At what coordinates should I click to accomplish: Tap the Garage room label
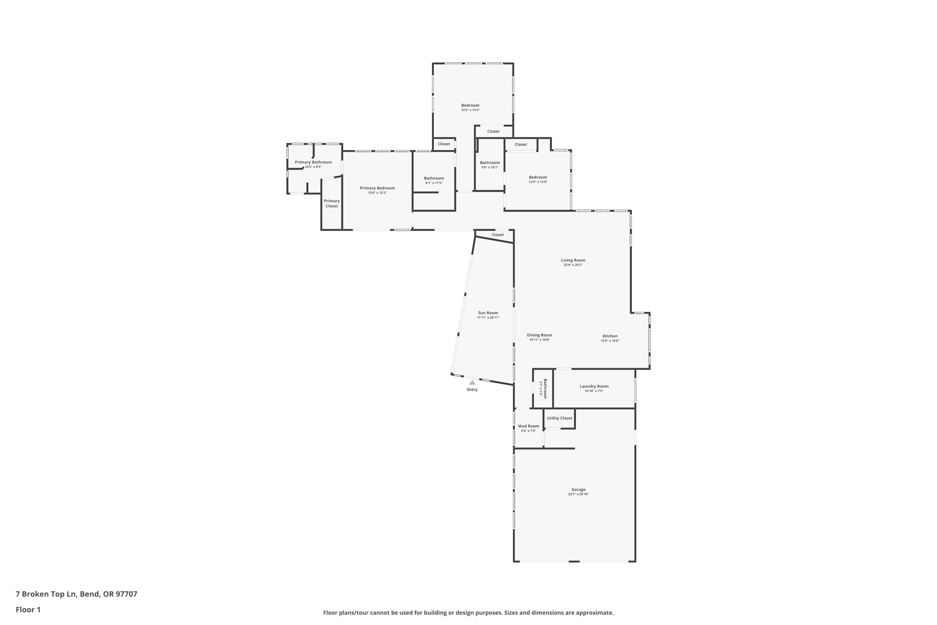click(x=578, y=489)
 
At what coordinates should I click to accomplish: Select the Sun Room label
click(x=488, y=313)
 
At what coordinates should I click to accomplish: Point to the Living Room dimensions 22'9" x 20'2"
click(x=573, y=265)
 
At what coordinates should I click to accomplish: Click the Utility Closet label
click(x=559, y=418)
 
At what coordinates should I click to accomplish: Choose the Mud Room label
click(x=529, y=426)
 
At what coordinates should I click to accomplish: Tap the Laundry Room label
click(x=594, y=386)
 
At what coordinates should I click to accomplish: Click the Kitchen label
click(x=610, y=336)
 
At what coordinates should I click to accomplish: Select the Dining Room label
click(x=539, y=335)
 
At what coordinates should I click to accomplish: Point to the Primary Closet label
click(x=332, y=203)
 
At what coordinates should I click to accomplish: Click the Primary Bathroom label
click(x=313, y=162)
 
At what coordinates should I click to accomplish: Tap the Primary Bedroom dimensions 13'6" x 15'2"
click(x=377, y=193)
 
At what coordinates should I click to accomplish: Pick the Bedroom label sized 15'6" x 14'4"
click(x=470, y=105)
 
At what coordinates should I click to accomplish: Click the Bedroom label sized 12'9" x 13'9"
click(x=538, y=177)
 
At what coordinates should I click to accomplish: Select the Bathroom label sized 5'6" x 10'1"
click(x=490, y=162)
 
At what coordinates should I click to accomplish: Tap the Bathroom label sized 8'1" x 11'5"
click(x=434, y=178)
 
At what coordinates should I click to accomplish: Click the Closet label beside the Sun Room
click(x=498, y=235)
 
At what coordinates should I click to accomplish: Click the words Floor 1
click(x=28, y=609)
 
